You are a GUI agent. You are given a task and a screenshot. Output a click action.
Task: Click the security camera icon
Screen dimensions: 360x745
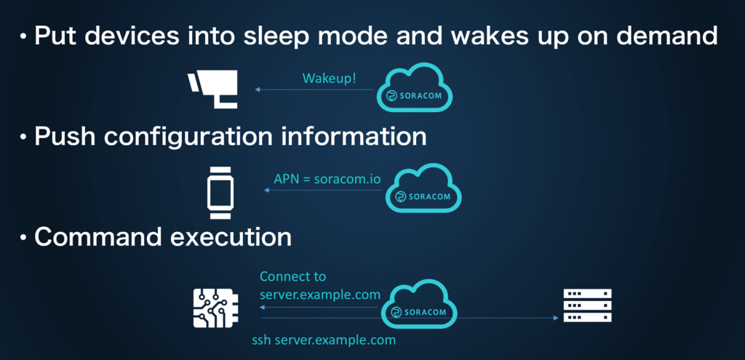pos(212,89)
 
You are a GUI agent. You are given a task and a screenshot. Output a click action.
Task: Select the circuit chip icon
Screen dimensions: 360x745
pos(215,306)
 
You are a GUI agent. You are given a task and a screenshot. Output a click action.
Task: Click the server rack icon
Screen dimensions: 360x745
pos(587,305)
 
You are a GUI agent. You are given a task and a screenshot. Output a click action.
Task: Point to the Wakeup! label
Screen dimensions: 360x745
pos(329,78)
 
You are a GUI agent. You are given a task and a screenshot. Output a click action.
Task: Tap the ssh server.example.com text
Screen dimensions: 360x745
pos(324,340)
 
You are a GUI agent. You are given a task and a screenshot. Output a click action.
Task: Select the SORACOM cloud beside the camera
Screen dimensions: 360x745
pos(413,89)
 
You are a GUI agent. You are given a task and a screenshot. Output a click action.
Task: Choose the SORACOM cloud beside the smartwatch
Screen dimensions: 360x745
pos(423,191)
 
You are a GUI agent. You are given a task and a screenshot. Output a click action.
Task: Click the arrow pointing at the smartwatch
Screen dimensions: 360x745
pos(321,191)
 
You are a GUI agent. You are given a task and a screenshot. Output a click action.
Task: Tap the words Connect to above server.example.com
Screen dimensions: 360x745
pos(292,276)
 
